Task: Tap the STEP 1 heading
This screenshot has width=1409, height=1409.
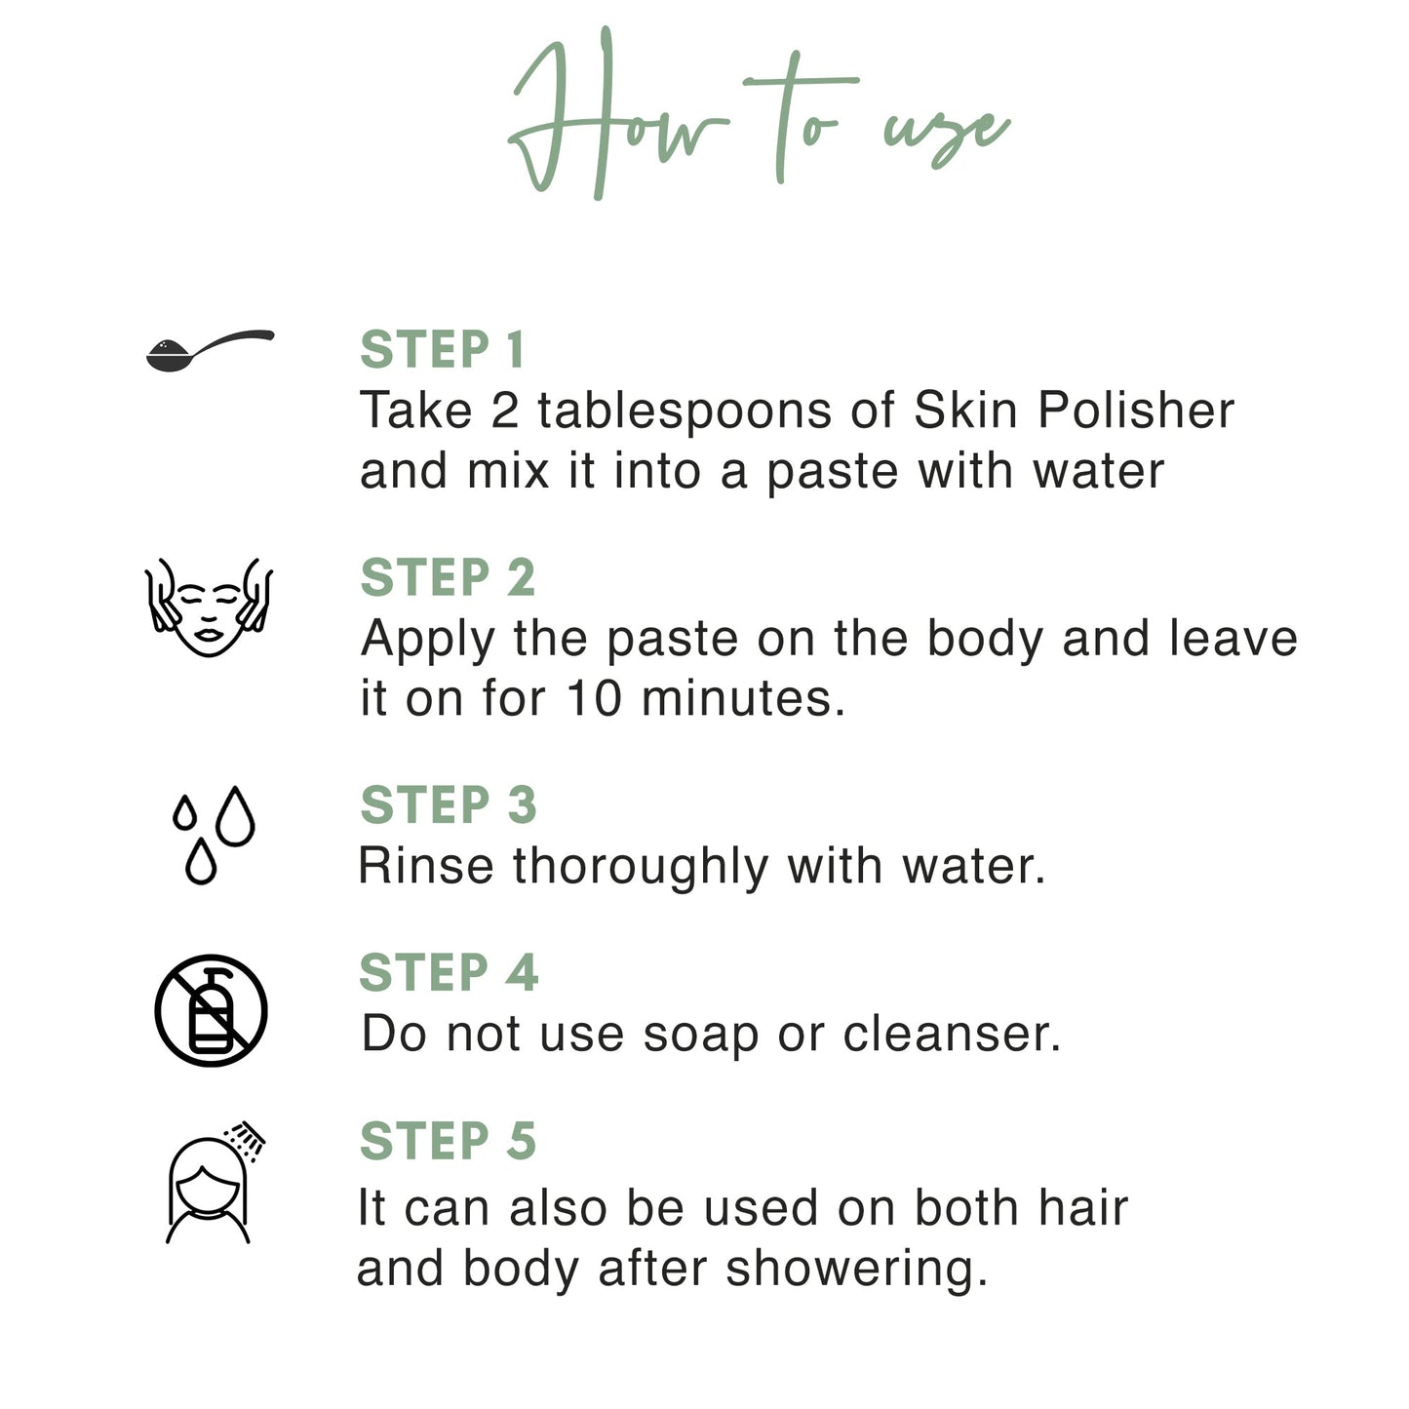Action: (443, 350)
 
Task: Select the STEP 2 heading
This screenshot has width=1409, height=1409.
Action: (448, 577)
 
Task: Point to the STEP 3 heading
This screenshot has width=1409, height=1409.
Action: (449, 805)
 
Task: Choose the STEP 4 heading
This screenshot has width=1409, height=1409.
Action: (449, 973)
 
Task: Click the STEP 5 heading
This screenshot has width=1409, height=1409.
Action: (448, 1141)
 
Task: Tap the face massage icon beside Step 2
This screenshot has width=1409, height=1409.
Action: (209, 607)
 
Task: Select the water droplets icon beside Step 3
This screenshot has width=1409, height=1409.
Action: (214, 835)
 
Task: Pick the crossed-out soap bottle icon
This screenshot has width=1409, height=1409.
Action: (211, 1010)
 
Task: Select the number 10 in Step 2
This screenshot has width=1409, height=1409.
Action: (594, 699)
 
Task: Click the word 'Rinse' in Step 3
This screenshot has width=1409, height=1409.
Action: (426, 866)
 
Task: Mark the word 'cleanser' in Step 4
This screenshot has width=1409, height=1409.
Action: (951, 1034)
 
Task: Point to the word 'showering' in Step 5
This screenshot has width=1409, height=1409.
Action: (856, 1269)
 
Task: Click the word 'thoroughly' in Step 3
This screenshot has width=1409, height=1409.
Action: (641, 866)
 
